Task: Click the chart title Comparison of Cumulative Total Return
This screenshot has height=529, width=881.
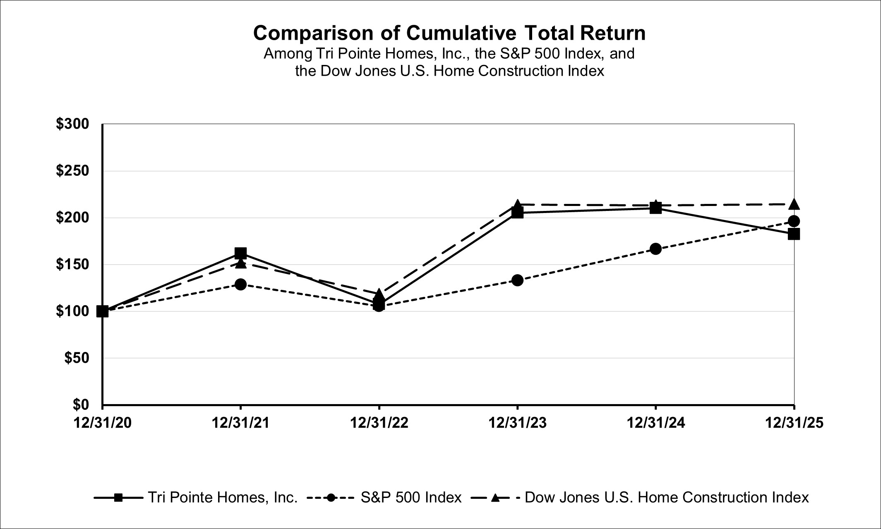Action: pyautogui.click(x=449, y=33)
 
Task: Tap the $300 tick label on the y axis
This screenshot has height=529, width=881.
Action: pyautogui.click(x=73, y=124)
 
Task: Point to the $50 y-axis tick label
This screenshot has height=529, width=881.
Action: pyautogui.click(x=77, y=358)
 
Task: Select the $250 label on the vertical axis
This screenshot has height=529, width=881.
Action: pyautogui.click(x=73, y=170)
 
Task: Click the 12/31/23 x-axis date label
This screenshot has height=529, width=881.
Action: pyautogui.click(x=517, y=423)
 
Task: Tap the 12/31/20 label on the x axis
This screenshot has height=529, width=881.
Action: pyautogui.click(x=103, y=423)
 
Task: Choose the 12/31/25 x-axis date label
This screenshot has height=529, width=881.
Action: pyautogui.click(x=794, y=423)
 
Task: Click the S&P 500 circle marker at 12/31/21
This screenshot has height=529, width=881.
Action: pyautogui.click(x=241, y=284)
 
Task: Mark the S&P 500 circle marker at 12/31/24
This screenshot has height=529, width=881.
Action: pyautogui.click(x=655, y=249)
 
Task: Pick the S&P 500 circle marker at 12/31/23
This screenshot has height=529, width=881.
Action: pyautogui.click(x=517, y=280)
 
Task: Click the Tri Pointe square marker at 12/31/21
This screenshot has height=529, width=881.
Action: pyautogui.click(x=241, y=253)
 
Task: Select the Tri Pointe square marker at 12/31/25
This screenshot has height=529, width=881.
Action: pyautogui.click(x=794, y=234)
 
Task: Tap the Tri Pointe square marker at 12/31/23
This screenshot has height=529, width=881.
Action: pyautogui.click(x=517, y=213)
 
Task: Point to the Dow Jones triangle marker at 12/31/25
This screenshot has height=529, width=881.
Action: pyautogui.click(x=794, y=204)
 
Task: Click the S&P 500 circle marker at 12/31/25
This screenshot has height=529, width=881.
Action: pyautogui.click(x=794, y=221)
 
